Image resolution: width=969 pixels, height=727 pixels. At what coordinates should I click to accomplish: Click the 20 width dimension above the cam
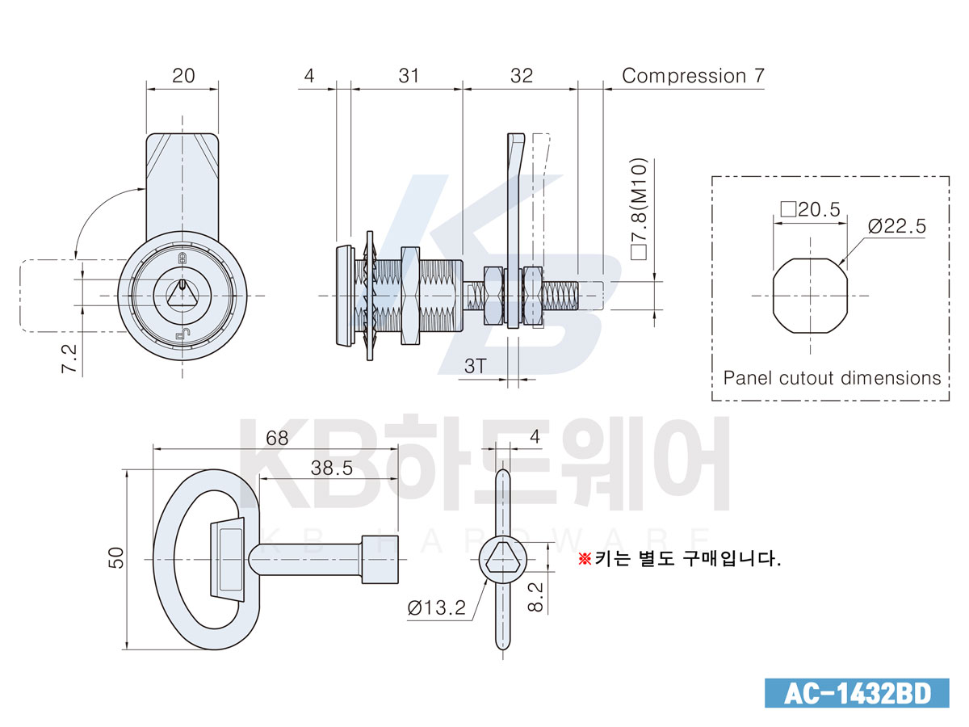(x=183, y=76)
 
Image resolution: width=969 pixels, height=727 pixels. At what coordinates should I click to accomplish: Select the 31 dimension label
(x=409, y=76)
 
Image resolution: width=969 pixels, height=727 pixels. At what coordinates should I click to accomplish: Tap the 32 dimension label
(x=522, y=76)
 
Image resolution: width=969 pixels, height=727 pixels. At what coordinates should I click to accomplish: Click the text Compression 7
(x=693, y=76)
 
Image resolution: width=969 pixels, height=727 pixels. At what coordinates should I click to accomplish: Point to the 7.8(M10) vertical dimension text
(x=639, y=208)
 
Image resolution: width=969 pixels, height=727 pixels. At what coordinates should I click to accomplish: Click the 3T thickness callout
(x=475, y=366)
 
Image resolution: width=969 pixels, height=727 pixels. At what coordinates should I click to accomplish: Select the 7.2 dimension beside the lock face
(x=69, y=359)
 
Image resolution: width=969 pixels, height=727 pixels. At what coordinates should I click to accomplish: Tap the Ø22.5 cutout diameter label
(x=896, y=226)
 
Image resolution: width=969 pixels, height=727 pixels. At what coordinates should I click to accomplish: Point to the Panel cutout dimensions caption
(x=832, y=378)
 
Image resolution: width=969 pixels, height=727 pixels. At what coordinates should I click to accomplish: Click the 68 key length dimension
(x=277, y=439)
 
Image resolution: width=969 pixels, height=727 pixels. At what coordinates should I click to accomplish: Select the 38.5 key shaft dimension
(x=332, y=469)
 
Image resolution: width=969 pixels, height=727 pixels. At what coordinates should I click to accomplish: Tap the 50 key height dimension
(x=116, y=557)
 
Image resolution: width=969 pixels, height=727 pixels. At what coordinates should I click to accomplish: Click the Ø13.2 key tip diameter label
(x=436, y=608)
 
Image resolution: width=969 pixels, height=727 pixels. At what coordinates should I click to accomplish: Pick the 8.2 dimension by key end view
(x=535, y=596)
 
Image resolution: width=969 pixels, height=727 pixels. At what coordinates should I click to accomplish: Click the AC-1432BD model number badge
(x=857, y=693)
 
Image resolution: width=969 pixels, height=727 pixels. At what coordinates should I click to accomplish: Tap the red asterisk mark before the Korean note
(x=585, y=559)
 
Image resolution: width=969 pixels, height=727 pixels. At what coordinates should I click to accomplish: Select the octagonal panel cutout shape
(x=810, y=296)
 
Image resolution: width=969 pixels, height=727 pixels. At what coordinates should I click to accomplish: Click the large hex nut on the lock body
(x=410, y=296)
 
